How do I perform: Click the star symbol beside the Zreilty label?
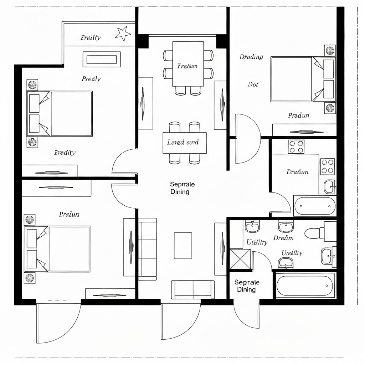123,34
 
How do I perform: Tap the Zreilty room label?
90,37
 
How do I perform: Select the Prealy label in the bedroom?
91,79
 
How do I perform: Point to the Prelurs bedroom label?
69,214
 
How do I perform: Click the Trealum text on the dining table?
187,66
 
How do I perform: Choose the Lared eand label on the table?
183,142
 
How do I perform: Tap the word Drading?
251,57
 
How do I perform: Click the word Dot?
253,84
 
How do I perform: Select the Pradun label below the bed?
298,115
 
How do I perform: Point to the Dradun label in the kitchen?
297,172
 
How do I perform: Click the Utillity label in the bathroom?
257,242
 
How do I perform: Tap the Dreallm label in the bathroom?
283,238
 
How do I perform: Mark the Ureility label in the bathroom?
292,253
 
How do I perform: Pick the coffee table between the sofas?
183,246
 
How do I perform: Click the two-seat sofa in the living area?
193,289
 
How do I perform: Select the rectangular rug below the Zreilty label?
102,59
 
